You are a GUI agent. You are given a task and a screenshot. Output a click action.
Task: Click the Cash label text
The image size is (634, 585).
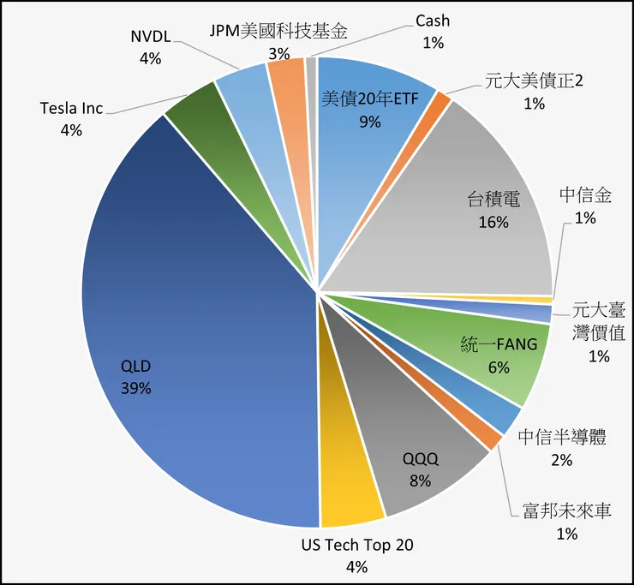coord(433,21)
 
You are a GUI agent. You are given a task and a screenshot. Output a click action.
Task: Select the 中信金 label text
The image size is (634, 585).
coord(585,195)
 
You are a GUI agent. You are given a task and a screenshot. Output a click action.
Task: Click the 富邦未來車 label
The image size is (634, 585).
coord(566,511)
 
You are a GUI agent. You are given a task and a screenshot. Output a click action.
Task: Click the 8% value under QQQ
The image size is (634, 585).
coord(420,481)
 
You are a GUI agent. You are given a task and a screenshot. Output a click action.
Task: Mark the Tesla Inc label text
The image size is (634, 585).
coord(71,109)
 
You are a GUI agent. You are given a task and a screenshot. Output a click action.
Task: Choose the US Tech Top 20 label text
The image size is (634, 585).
coord(356,545)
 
